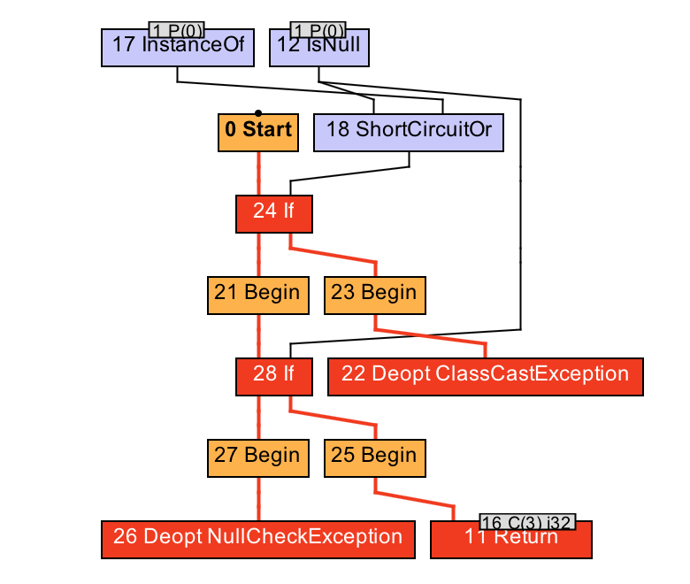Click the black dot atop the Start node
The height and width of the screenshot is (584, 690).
[257, 112]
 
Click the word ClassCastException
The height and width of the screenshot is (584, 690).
[533, 374]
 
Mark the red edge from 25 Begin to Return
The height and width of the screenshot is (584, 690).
[416, 499]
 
